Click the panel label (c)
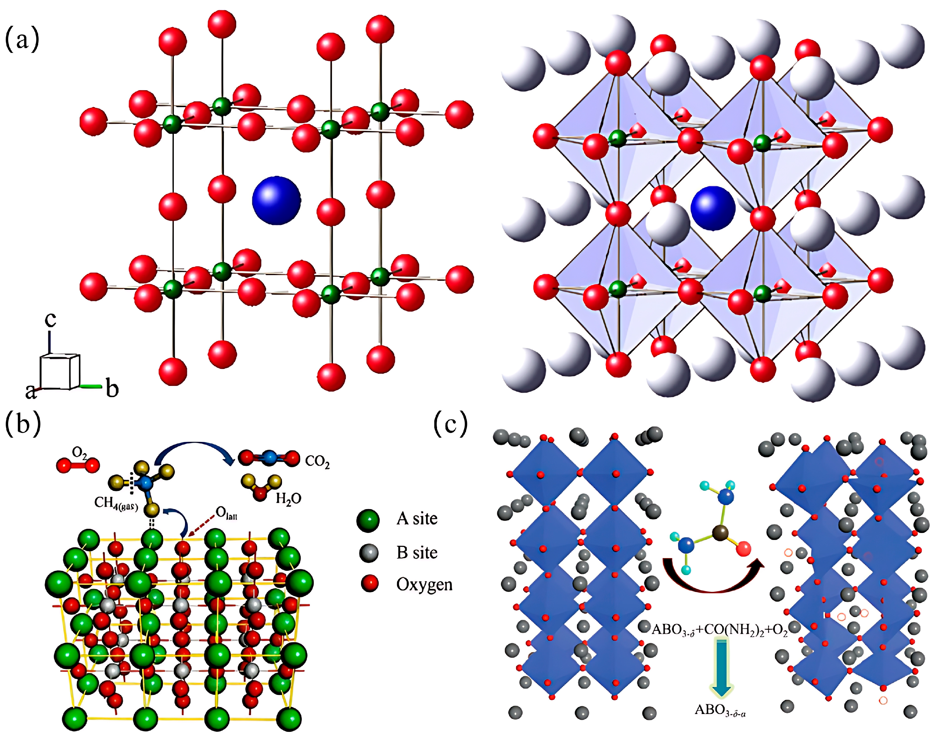450,424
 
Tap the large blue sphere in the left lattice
276,200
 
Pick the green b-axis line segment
91,385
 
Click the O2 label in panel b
79,453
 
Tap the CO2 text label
317,462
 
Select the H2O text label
288,499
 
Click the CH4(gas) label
116,503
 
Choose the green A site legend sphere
368,520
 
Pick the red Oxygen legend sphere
369,584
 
